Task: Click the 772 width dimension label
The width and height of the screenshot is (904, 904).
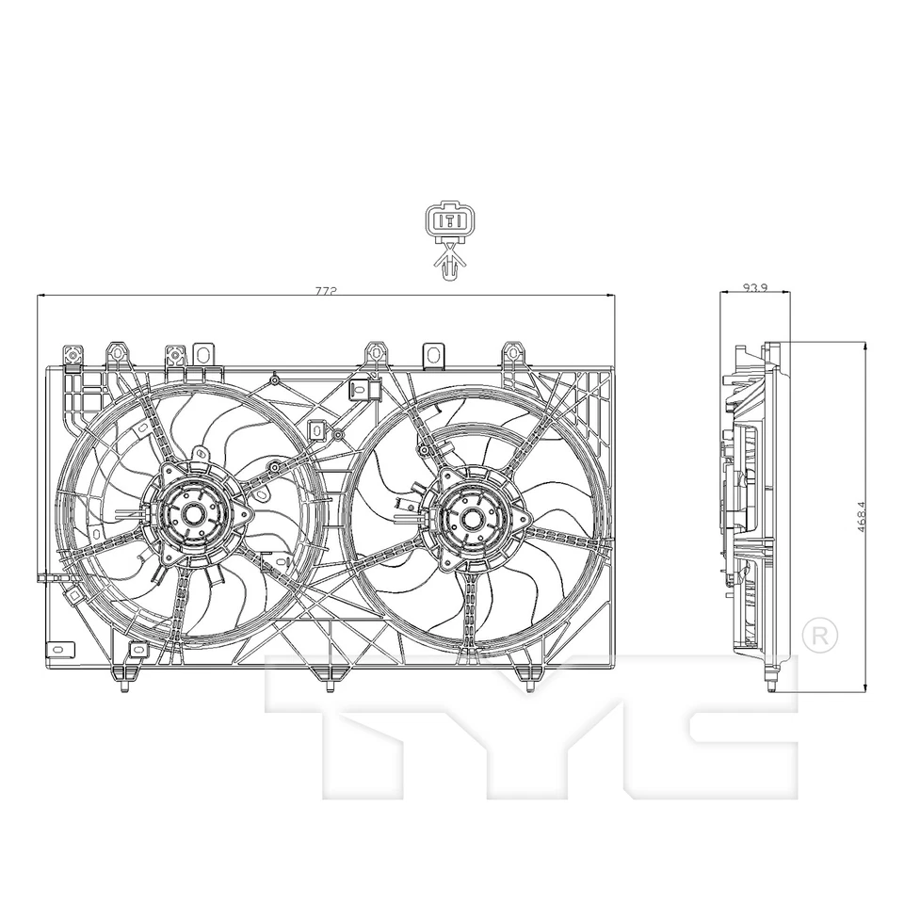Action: tap(326, 291)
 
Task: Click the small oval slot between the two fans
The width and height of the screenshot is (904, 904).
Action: tap(317, 429)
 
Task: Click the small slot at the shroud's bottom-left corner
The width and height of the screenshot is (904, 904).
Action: tap(58, 648)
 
